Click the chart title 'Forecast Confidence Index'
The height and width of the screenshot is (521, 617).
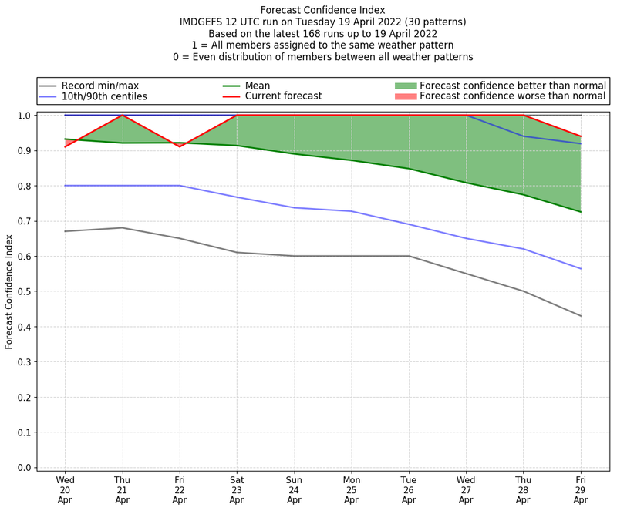coord(322,10)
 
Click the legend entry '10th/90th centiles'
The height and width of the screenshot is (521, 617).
coord(104,97)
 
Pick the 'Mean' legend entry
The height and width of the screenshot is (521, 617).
coord(268,86)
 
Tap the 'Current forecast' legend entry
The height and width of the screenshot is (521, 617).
coord(283,97)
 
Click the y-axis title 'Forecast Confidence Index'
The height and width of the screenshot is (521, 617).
coord(9,291)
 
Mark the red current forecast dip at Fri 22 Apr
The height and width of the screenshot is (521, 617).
coord(180,146)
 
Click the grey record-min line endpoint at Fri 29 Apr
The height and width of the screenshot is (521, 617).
coord(581,316)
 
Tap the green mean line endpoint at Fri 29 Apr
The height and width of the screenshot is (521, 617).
coord(581,212)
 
